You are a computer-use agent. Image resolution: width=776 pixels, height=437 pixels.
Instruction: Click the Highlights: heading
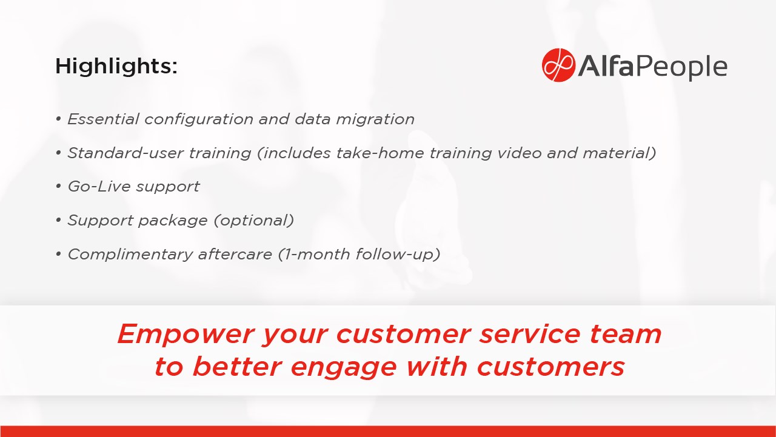coord(116,66)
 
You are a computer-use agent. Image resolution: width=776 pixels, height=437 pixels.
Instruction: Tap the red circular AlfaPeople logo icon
coord(558,65)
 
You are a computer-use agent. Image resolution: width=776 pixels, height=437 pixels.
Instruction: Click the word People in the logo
coord(681,67)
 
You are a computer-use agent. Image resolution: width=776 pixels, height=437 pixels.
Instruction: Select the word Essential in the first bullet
coord(103,119)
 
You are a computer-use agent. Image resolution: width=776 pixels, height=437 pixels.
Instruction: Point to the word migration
coord(375,120)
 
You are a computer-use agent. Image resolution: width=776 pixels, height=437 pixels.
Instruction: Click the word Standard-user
coord(125,153)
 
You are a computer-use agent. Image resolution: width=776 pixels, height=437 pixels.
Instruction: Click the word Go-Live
coord(99,187)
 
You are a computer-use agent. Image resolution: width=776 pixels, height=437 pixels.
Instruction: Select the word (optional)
coord(254,221)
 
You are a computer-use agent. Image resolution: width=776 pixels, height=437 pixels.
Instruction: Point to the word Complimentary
coord(130,255)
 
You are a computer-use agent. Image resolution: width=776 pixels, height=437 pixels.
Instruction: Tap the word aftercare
coord(235,255)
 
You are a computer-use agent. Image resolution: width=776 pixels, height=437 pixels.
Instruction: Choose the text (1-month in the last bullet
coord(314,255)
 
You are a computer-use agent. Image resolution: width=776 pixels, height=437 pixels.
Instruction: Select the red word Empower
coord(186,335)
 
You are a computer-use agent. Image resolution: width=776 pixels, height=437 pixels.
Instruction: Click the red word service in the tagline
coord(530,334)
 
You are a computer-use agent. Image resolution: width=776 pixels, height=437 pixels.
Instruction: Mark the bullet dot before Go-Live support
coord(59,186)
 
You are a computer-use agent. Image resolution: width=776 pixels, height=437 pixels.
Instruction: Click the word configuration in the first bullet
coord(199,120)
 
